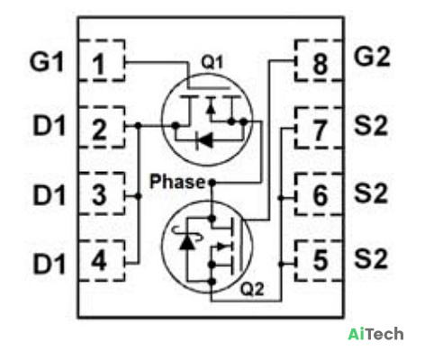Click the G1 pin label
(x=47, y=62)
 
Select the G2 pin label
(x=372, y=57)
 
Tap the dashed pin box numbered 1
(x=102, y=60)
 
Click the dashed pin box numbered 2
(x=102, y=127)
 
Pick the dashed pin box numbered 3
(x=102, y=193)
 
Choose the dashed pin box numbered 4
(x=102, y=260)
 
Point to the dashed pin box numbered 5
(x=319, y=260)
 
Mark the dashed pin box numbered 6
(x=319, y=194)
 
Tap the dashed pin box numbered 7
(x=319, y=128)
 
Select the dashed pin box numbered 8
(x=319, y=60)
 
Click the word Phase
(x=177, y=182)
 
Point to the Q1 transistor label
(x=212, y=62)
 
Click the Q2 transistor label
(x=252, y=289)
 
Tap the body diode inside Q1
(x=204, y=139)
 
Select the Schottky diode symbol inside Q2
(x=187, y=238)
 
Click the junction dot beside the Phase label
(x=212, y=182)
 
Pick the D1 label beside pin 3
(x=49, y=195)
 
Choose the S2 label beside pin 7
(x=371, y=125)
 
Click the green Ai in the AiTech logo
(x=357, y=334)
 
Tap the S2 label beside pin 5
(x=371, y=259)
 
